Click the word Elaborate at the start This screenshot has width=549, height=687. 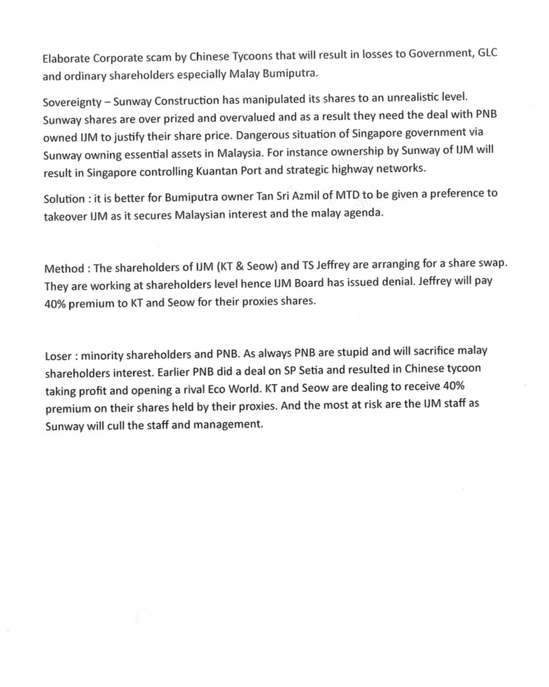66,59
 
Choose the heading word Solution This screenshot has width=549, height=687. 63,199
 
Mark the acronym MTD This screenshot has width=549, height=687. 341,195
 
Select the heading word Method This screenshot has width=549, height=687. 63,269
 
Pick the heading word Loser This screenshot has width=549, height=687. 59,355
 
